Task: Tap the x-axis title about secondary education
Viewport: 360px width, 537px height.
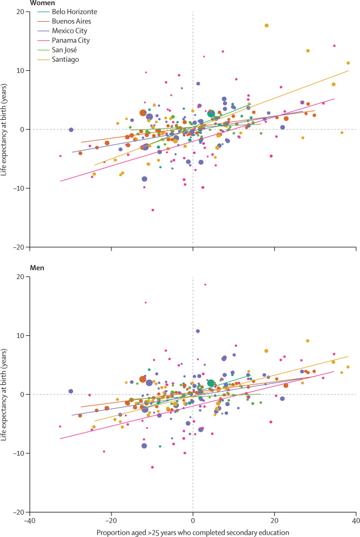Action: click(x=192, y=532)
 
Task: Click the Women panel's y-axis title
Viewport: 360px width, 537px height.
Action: click(x=4, y=129)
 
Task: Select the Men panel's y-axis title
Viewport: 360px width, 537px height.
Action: click(x=4, y=394)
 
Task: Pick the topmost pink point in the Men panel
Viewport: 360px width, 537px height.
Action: click(x=205, y=285)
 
